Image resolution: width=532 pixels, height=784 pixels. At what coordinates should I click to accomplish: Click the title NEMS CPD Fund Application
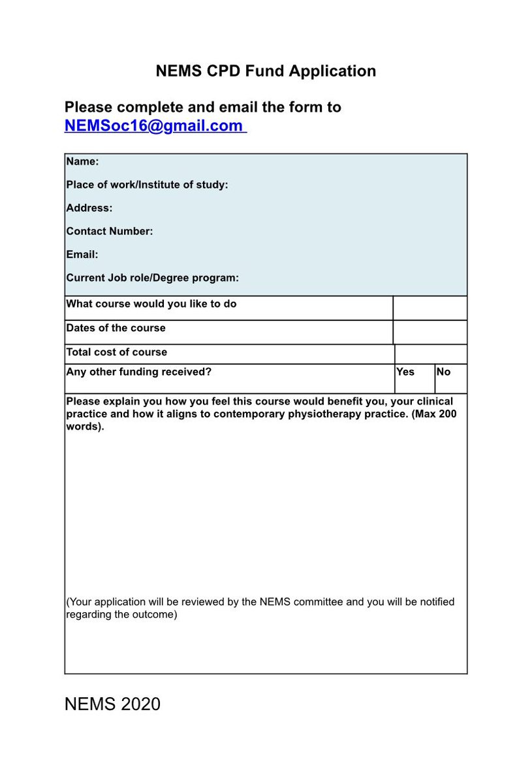tap(266, 71)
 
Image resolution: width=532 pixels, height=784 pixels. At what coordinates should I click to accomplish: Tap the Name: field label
tap(82, 161)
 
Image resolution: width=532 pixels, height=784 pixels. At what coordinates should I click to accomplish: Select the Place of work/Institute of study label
tap(147, 185)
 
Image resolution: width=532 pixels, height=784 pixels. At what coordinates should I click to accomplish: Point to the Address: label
tap(89, 208)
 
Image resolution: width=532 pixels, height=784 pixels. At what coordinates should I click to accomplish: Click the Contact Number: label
tap(110, 231)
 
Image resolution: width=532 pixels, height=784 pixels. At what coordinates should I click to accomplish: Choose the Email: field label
tap(82, 254)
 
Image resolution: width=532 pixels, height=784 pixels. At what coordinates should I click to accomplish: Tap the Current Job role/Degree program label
tap(152, 278)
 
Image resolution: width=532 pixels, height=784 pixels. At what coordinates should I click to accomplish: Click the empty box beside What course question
tap(430, 308)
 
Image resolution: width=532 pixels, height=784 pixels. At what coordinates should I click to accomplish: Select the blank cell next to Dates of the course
tap(430, 332)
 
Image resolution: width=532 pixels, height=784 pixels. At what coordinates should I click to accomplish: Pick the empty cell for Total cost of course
tap(431, 354)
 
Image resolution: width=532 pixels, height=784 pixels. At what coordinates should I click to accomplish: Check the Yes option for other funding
tap(405, 372)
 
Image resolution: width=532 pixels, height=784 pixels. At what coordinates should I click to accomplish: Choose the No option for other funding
tap(444, 372)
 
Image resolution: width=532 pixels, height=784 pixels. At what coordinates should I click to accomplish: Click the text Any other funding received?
tap(139, 372)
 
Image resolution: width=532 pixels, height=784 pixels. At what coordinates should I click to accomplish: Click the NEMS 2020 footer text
tap(112, 704)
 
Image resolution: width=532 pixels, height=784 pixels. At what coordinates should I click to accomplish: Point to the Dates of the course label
tap(116, 328)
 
